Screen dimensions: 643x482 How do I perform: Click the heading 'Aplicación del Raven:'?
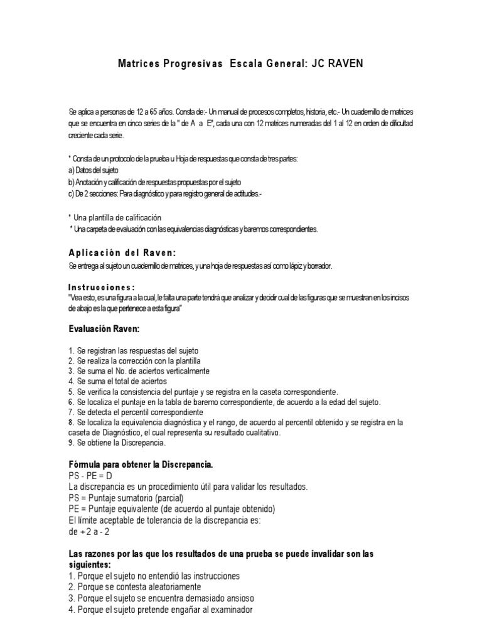pos(117,252)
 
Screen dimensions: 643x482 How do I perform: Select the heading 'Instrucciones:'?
pos(101,287)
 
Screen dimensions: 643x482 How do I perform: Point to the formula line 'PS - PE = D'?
pos(90,476)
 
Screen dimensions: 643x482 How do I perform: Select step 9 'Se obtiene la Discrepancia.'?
pos(116,443)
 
